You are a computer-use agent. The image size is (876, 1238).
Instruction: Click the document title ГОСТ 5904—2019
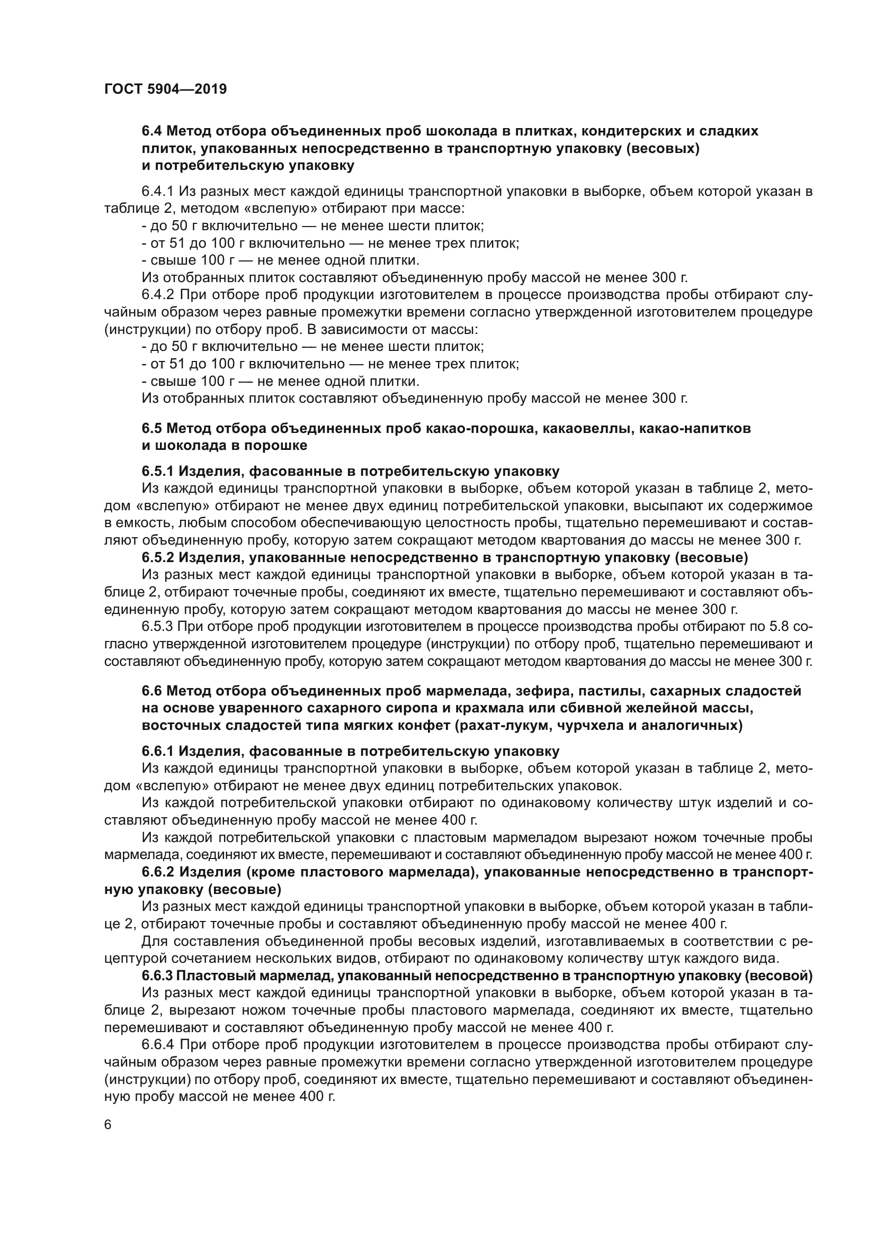point(165,89)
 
